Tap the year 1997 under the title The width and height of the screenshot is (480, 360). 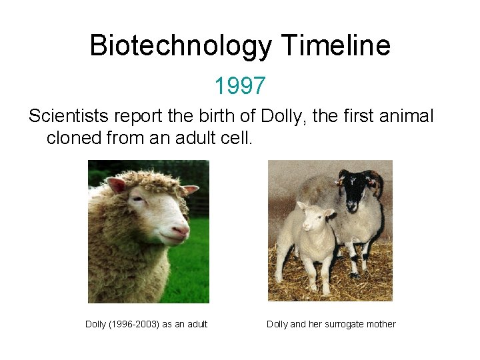click(x=240, y=85)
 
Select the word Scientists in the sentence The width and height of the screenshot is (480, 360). click(x=68, y=117)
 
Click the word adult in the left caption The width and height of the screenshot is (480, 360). click(x=194, y=324)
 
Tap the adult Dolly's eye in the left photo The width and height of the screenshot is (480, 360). click(x=157, y=199)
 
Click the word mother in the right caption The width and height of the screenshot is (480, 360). click(x=381, y=324)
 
